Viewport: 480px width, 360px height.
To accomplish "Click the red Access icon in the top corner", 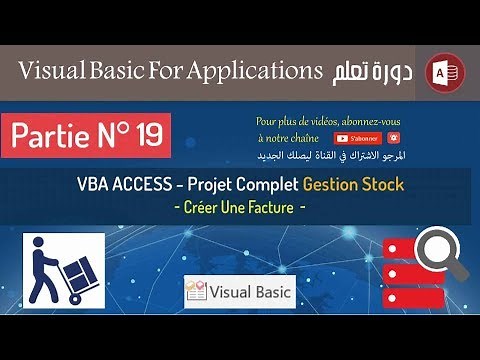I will (x=442, y=71).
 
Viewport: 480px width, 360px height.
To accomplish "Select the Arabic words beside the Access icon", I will (x=373, y=71).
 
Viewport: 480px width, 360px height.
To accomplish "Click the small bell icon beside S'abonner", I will (x=395, y=137).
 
